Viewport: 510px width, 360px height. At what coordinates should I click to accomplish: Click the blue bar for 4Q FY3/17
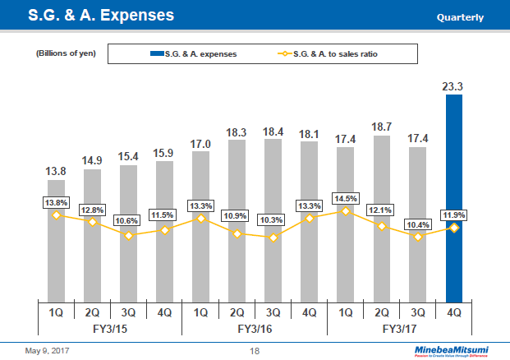pos(454,197)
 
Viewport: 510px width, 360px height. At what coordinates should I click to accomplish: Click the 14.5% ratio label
pos(345,197)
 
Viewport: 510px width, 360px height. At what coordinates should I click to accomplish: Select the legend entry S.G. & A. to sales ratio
pos(329,54)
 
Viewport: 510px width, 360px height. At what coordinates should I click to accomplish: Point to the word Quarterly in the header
pos(460,17)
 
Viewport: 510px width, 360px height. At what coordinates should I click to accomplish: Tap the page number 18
pos(255,351)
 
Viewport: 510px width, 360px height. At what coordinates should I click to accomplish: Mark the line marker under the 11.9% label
pos(454,228)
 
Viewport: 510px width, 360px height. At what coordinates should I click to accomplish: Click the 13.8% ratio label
pos(57,201)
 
